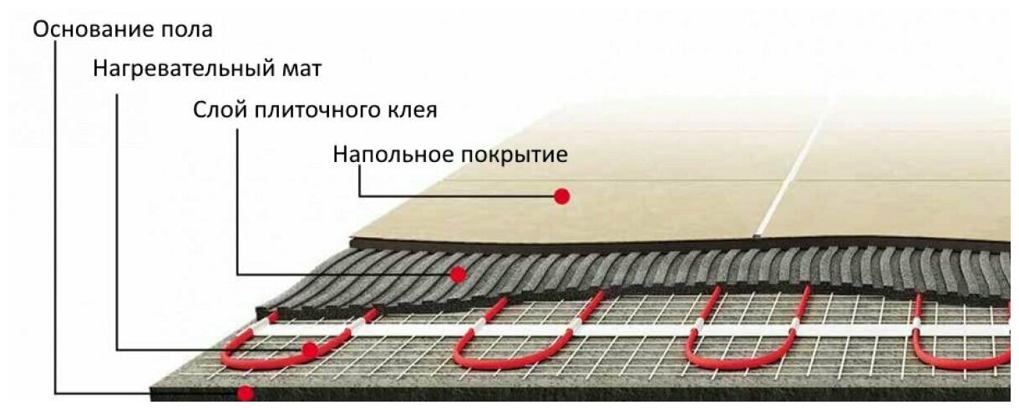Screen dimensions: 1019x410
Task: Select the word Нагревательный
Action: pyautogui.click(x=180, y=68)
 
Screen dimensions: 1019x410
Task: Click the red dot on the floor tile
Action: pyautogui.click(x=562, y=196)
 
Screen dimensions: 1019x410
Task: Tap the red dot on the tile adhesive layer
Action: pyautogui.click(x=457, y=273)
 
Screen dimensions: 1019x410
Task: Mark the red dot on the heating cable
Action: pyautogui.click(x=310, y=350)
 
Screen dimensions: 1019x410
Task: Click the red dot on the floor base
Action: pyautogui.click(x=245, y=392)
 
